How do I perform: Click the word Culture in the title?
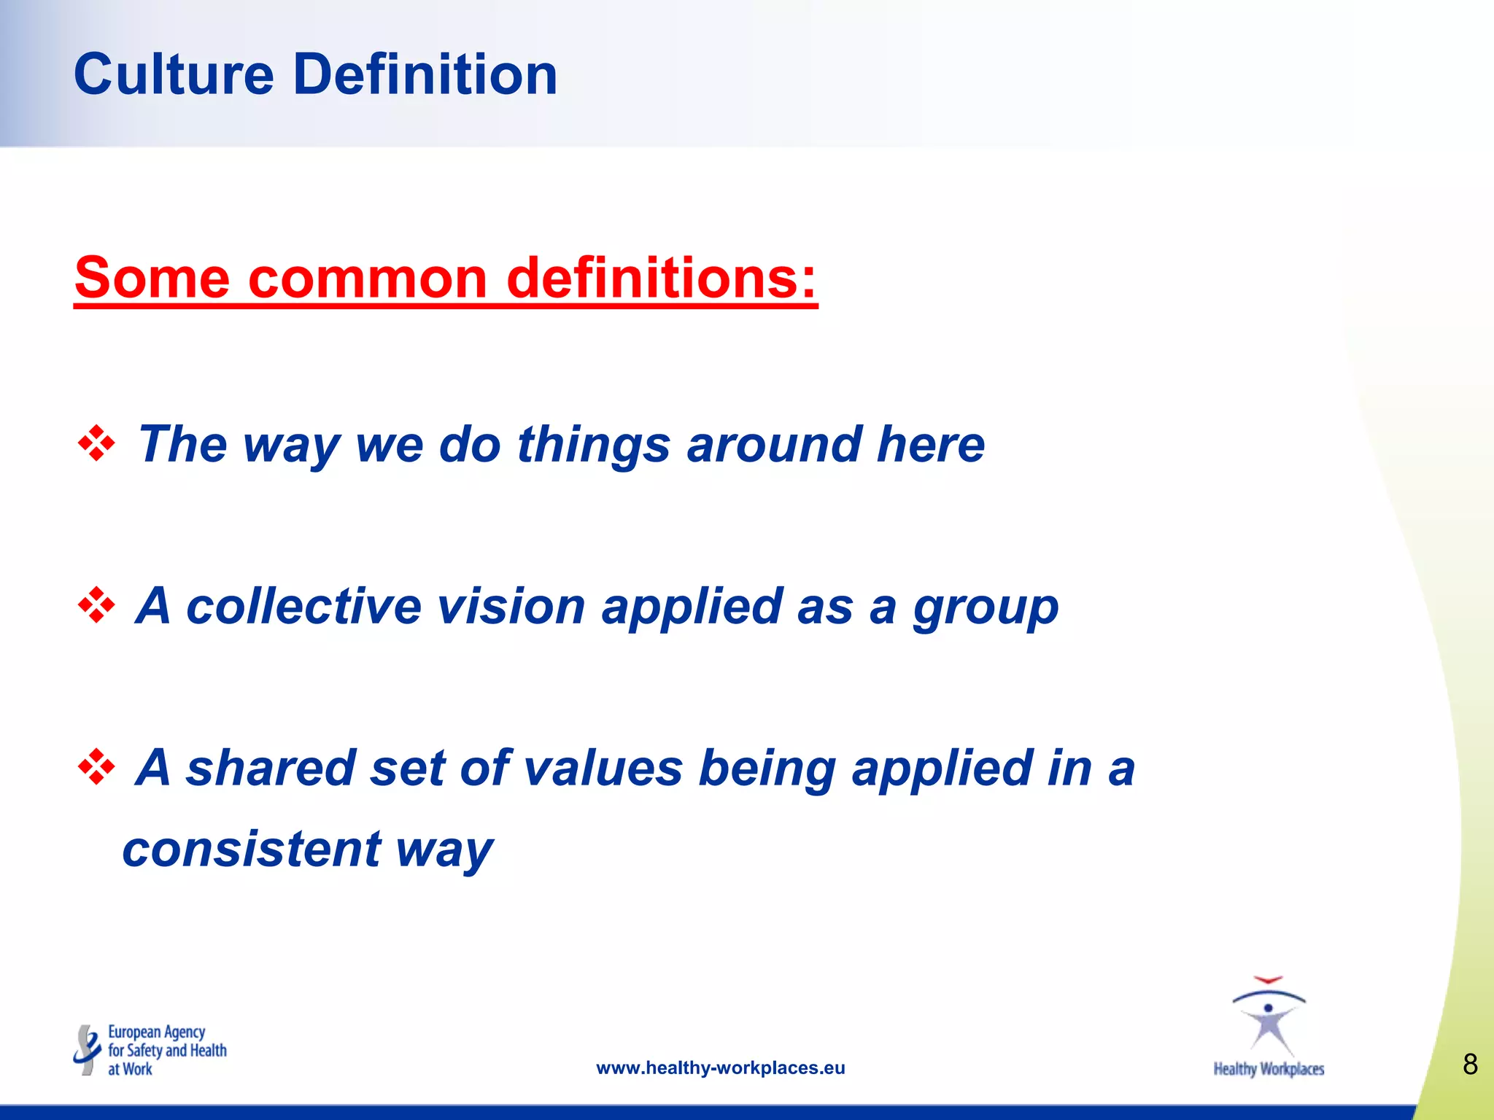coord(174,74)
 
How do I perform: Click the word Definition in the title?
coord(425,74)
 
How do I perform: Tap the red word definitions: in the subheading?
coord(661,278)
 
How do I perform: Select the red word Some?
coord(152,278)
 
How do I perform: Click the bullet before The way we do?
coord(96,444)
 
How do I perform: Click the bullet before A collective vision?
coord(96,606)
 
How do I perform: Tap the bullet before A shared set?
coord(96,768)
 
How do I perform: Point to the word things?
coord(593,444)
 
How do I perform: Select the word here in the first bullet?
coord(930,444)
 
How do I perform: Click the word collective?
coord(303,606)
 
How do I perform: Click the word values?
coord(603,768)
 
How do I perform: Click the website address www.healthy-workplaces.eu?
coord(720,1068)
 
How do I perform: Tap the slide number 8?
coord(1470,1065)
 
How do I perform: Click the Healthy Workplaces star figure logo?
coord(1269,1017)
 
